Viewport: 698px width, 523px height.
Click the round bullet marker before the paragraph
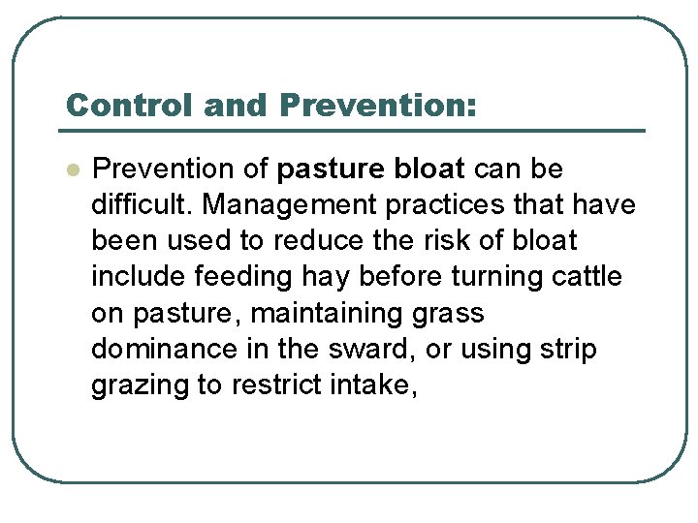pos(70,169)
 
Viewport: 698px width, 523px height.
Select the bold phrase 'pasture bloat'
pos(371,169)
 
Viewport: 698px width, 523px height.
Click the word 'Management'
pos(268,205)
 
